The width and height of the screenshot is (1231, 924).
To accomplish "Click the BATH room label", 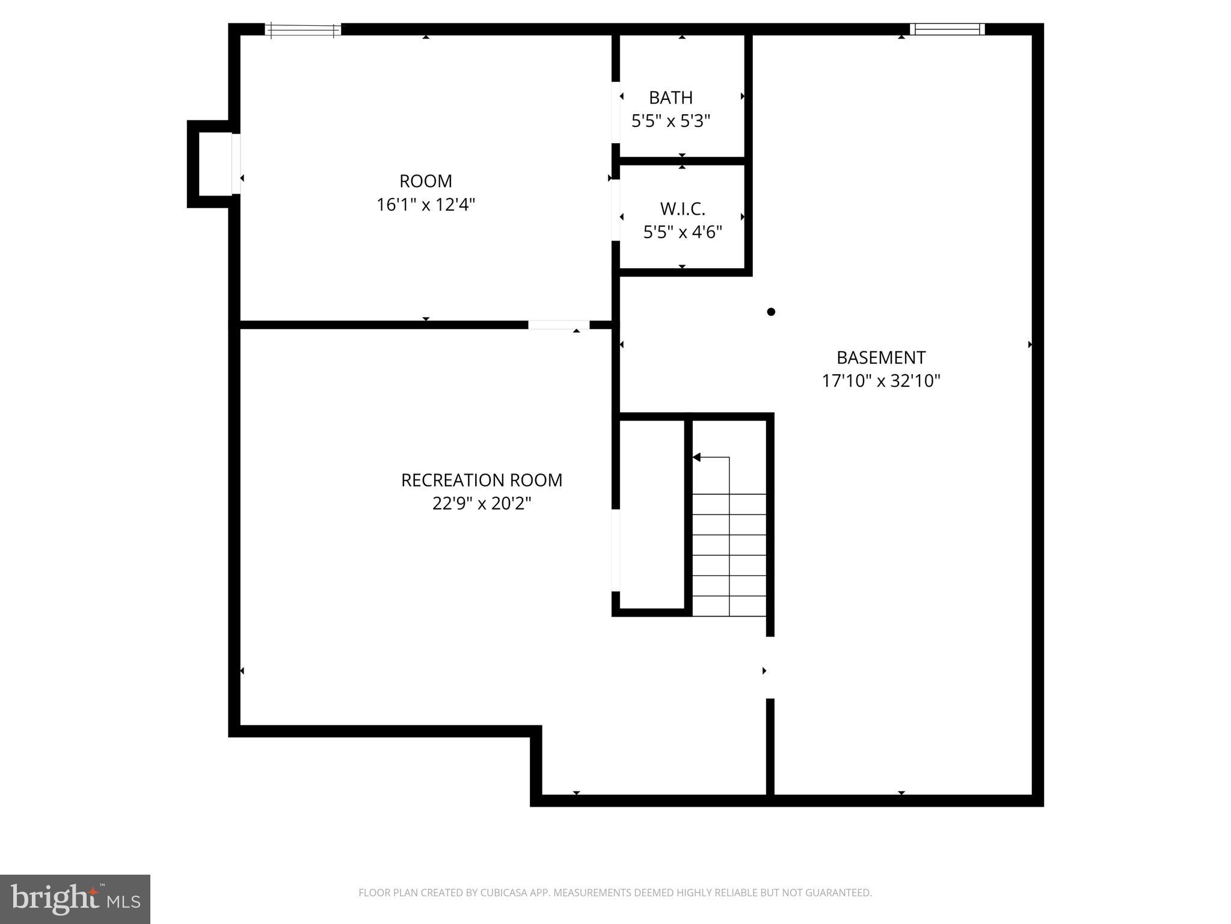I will pos(671,97).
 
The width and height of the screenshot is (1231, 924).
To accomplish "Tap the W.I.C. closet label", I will pos(683,209).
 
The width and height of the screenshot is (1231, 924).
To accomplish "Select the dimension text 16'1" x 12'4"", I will pos(426,205).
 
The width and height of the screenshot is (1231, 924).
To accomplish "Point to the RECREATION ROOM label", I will pos(482,480).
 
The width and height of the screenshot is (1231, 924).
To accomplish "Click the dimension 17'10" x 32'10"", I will pos(881,381).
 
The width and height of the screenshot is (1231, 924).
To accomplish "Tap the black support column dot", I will pos(771,312).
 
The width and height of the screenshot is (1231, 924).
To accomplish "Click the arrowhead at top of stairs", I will pos(697,457).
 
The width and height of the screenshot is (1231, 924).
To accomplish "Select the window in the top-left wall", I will pos(303,29).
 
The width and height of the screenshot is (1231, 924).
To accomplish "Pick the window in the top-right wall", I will pos(947,29).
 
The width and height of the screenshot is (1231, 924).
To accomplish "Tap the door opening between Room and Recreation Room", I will pos(559,325).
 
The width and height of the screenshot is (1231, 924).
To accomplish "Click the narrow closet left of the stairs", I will pos(652,514).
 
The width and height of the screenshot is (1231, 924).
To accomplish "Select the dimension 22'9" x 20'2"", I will pos(482,504).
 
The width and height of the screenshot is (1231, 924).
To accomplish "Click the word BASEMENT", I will pos(881,358).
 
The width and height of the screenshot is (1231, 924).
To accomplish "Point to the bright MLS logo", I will pos(75,899).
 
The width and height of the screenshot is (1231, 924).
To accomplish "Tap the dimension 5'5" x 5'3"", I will pos(671,122).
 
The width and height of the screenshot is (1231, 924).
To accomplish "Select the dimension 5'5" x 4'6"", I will pos(683,232).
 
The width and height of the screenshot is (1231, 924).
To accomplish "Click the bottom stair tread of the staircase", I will pos(729,606).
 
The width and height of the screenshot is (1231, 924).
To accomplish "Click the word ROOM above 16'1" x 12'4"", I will pos(426,181).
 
